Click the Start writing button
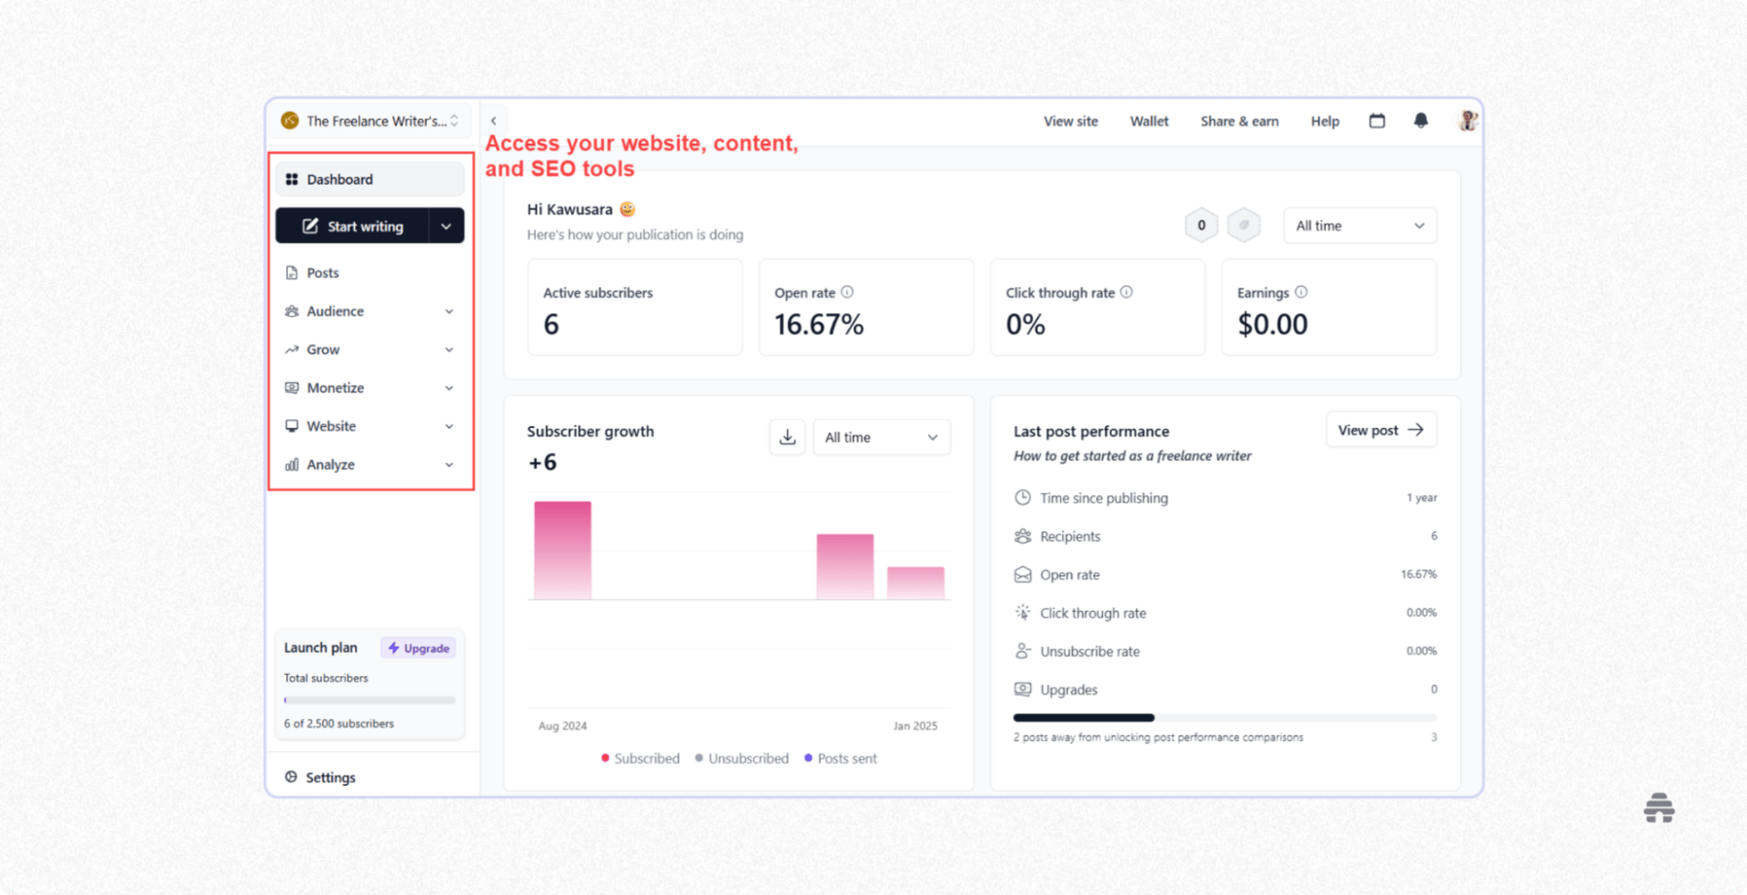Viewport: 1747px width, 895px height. coord(353,226)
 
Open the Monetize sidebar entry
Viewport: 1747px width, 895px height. coord(336,388)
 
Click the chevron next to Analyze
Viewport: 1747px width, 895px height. coord(449,465)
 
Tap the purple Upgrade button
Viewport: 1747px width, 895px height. coord(419,648)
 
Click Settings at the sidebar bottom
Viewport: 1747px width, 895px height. coord(329,778)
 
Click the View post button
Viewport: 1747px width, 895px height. coord(1380,431)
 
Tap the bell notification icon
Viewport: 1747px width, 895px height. coord(1420,121)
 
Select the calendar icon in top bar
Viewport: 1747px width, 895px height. coord(1377,121)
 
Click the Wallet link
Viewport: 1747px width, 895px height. coord(1149,121)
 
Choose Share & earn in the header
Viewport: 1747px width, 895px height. coord(1239,121)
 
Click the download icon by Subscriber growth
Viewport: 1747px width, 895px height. coord(787,438)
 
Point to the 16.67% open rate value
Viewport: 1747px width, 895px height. coord(819,325)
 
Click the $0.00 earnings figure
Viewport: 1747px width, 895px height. coord(1272,325)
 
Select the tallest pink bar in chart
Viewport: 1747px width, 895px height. coord(562,550)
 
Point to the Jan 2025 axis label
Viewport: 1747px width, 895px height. coord(914,727)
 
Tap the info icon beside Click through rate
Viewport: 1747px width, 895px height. coord(1126,292)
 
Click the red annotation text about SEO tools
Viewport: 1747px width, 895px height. coord(641,156)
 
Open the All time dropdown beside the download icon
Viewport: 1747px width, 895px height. coord(881,438)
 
